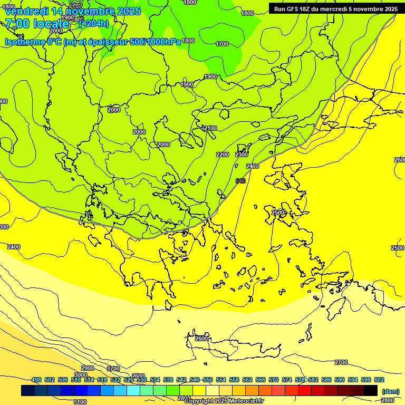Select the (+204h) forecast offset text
(94, 23)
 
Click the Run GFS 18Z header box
(336, 9)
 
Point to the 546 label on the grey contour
(240, 181)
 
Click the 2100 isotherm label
(210, 128)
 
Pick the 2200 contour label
(223, 155)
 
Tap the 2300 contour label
(242, 155)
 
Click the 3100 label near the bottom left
(80, 402)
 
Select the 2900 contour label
(88, 369)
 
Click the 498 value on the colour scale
(36, 380)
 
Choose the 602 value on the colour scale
(379, 380)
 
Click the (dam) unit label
(391, 391)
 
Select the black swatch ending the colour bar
(371, 390)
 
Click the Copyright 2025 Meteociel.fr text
(224, 401)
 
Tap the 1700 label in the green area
(222, 44)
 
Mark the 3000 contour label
(81, 375)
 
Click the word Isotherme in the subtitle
(24, 42)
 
